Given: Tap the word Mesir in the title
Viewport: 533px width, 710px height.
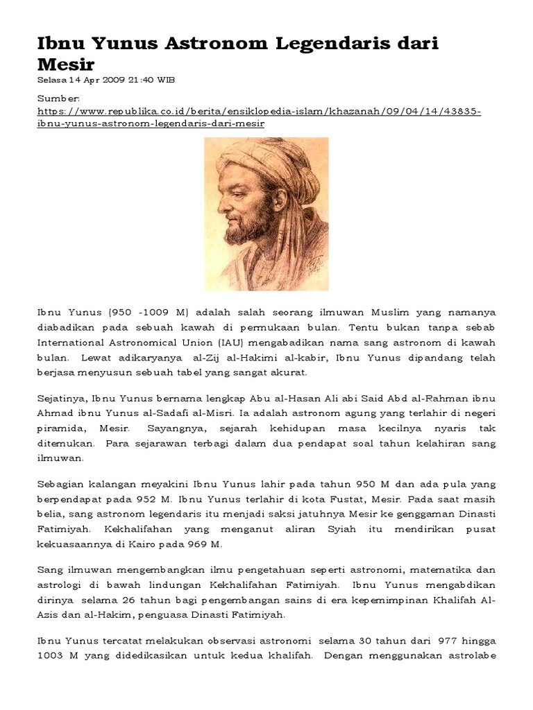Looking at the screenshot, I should pyautogui.click(x=65, y=64).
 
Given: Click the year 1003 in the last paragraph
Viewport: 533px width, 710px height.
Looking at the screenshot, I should pyautogui.click(x=51, y=657).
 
